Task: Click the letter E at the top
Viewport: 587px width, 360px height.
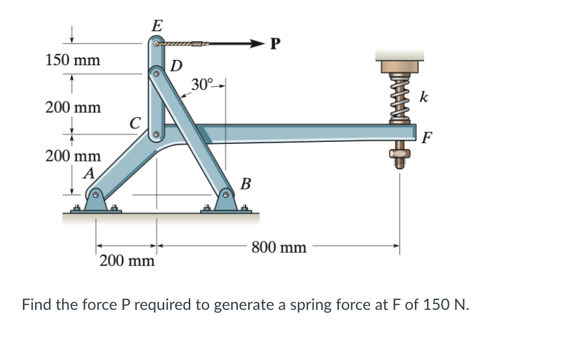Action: [x=156, y=26]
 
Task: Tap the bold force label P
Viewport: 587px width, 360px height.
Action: [x=276, y=44]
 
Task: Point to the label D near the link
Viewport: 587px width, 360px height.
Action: [x=176, y=65]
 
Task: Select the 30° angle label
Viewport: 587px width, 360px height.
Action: [x=202, y=84]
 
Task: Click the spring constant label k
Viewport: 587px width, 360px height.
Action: [x=424, y=98]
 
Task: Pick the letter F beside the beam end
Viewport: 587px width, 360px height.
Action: [x=427, y=137]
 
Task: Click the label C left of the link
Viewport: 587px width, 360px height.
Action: [x=135, y=122]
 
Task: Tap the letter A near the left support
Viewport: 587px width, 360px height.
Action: [x=89, y=173]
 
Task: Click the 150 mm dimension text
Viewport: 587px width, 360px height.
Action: [x=73, y=61]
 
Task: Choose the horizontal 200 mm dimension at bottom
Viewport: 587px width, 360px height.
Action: [x=128, y=262]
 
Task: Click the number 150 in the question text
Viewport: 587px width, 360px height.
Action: [x=435, y=304]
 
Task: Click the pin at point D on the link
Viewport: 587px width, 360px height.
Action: [x=156, y=74]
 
